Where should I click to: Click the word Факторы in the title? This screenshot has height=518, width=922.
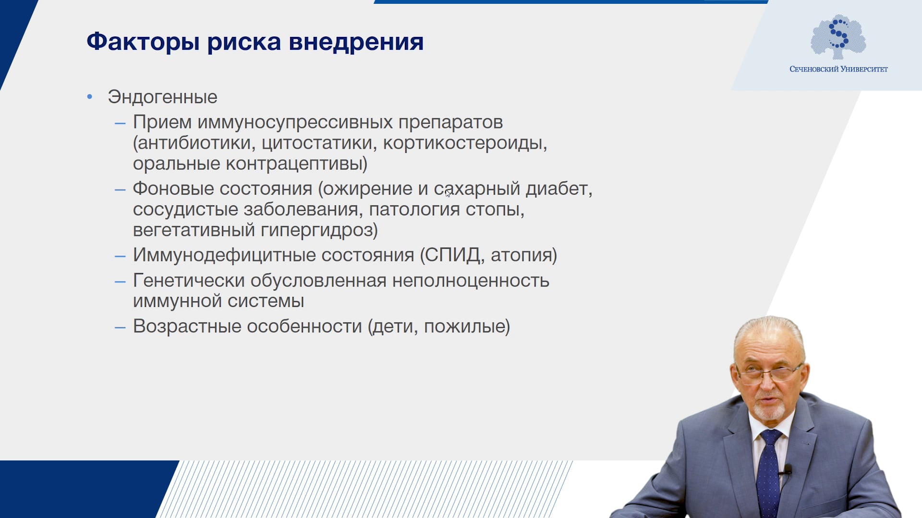click(x=143, y=42)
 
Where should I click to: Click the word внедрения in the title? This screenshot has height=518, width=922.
click(x=356, y=42)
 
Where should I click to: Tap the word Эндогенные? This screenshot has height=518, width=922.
click(x=162, y=97)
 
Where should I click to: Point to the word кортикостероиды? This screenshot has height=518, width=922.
click(x=465, y=143)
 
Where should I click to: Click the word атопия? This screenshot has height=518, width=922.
click(x=521, y=256)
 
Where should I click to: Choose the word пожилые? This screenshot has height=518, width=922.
click(x=464, y=327)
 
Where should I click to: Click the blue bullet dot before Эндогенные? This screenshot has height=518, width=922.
click(x=90, y=97)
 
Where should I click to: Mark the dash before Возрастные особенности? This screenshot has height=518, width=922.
click(x=120, y=328)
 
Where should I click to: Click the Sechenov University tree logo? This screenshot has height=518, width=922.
click(x=838, y=37)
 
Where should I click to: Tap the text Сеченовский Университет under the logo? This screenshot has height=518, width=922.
click(x=838, y=69)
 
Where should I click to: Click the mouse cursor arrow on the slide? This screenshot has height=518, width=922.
click(x=448, y=193)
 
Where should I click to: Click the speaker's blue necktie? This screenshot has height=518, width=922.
click(x=769, y=472)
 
